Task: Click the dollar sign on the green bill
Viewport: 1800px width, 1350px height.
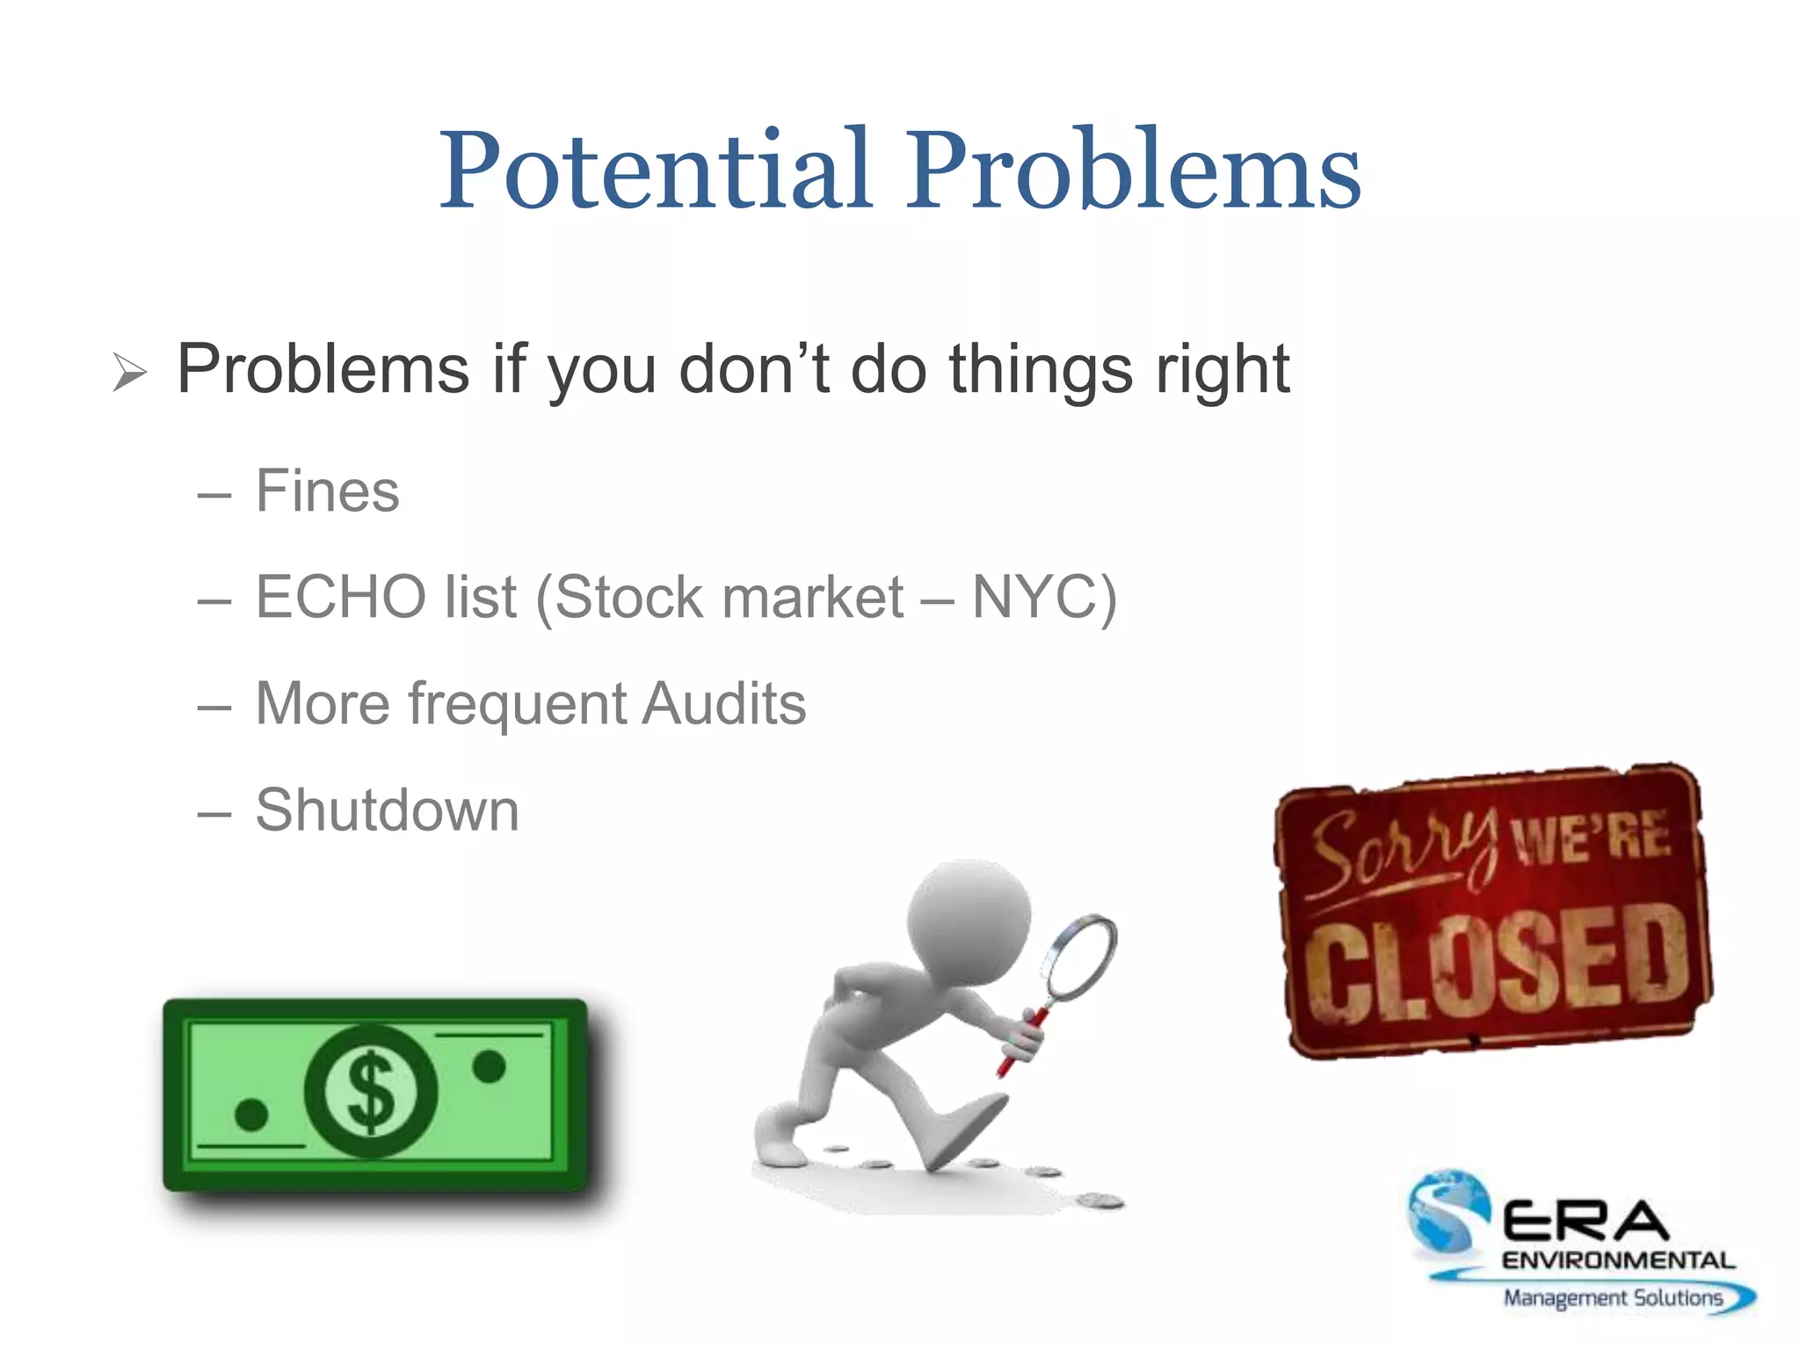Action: click(371, 1092)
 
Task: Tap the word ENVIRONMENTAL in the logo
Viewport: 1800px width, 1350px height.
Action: click(1617, 1260)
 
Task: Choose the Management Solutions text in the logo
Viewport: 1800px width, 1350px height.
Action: click(1613, 1297)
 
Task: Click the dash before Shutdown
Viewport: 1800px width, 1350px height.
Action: click(214, 814)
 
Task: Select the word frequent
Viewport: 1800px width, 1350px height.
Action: click(518, 705)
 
